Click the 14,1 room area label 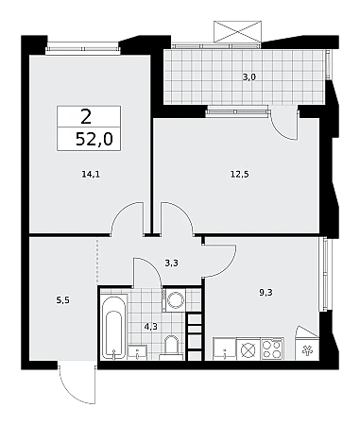pyautogui.click(x=91, y=174)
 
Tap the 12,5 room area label pyautogui.click(x=240, y=174)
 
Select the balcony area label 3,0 pyautogui.click(x=249, y=77)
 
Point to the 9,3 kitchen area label pyautogui.click(x=266, y=293)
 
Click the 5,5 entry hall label pyautogui.click(x=62, y=300)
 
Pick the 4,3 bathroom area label pyautogui.click(x=151, y=327)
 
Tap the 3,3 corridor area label pyautogui.click(x=172, y=263)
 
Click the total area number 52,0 pyautogui.click(x=94, y=139)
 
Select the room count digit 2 pyautogui.click(x=86, y=116)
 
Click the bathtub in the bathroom pyautogui.click(x=114, y=327)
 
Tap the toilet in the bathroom pyautogui.click(x=171, y=348)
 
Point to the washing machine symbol pyautogui.click(x=175, y=300)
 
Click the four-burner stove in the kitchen pyautogui.click(x=272, y=348)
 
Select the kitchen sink pyautogui.click(x=224, y=348)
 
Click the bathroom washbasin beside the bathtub pyautogui.click(x=137, y=352)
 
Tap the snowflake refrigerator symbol pyautogui.click(x=306, y=350)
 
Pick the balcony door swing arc pyautogui.click(x=284, y=126)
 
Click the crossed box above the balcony pyautogui.click(x=238, y=31)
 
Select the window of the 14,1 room pyautogui.click(x=83, y=49)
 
